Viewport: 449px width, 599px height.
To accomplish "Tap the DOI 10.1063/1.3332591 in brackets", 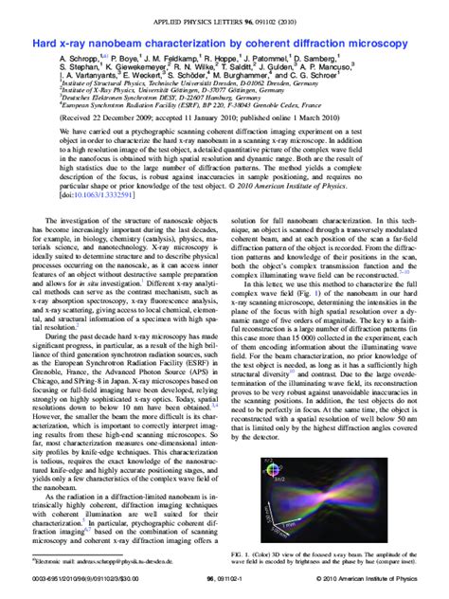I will (x=99, y=196).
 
